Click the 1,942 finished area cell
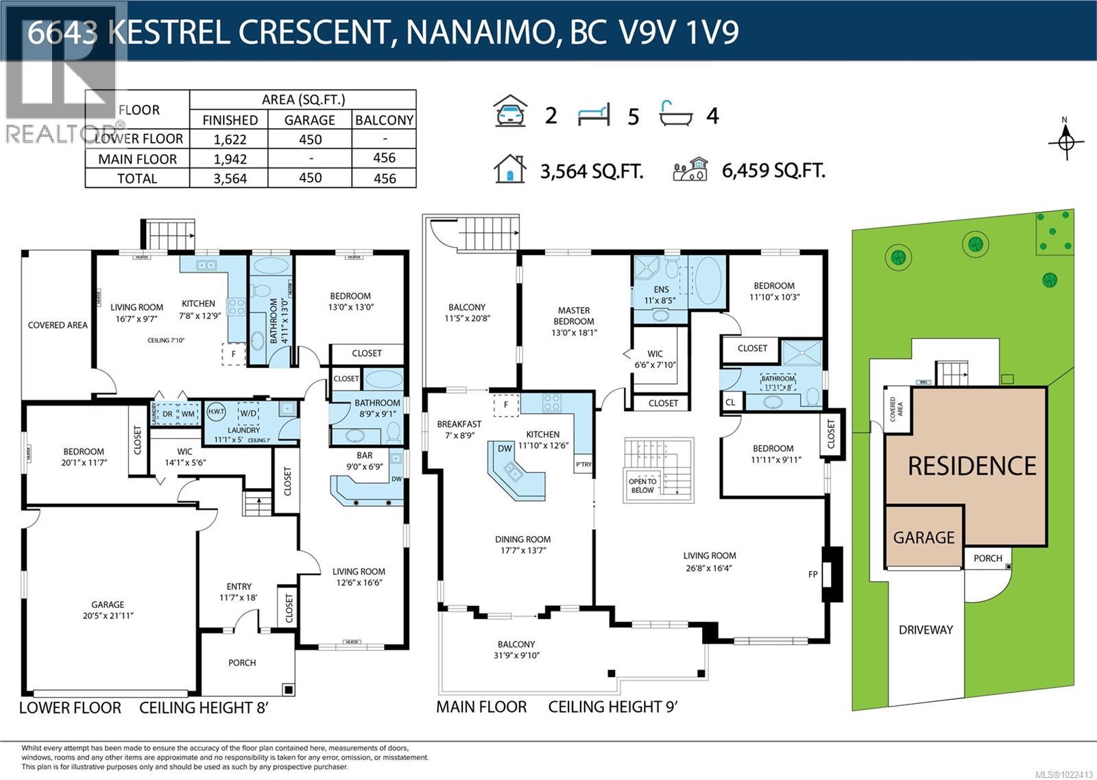(x=230, y=159)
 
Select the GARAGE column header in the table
(x=310, y=120)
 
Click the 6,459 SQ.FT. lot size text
(x=773, y=171)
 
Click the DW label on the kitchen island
(x=505, y=449)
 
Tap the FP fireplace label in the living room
(x=813, y=574)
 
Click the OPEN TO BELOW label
(x=642, y=485)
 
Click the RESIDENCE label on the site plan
(x=972, y=466)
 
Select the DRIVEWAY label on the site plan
(x=926, y=629)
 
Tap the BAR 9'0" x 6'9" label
(x=365, y=461)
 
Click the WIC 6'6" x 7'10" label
(x=655, y=359)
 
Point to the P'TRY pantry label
(x=583, y=465)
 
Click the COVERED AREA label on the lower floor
(x=58, y=325)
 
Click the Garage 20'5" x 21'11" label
(x=108, y=609)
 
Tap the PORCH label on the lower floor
(x=242, y=663)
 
